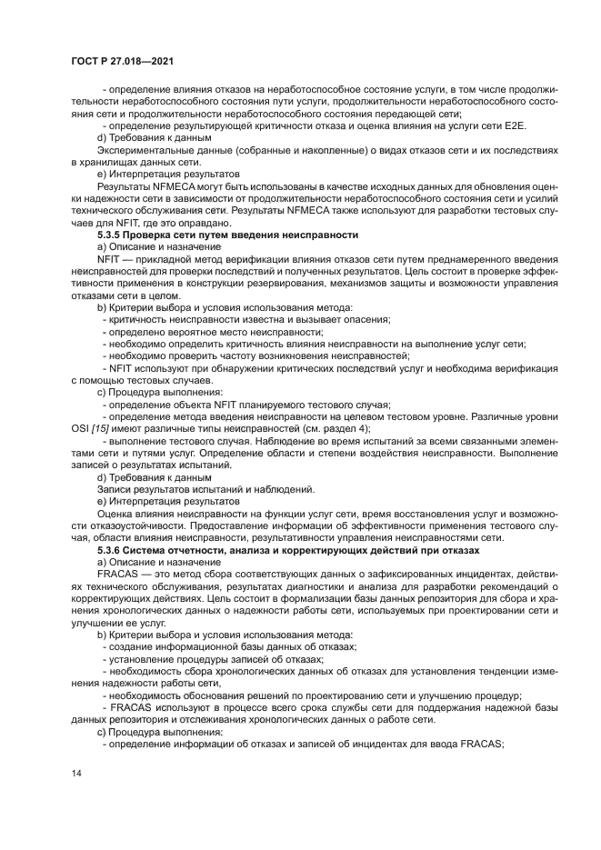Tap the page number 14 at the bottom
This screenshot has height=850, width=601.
(x=76, y=773)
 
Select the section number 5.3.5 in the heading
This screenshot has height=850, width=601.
(x=113, y=235)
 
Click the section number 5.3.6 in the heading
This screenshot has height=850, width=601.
(x=113, y=551)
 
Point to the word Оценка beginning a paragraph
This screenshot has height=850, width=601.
(x=115, y=515)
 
